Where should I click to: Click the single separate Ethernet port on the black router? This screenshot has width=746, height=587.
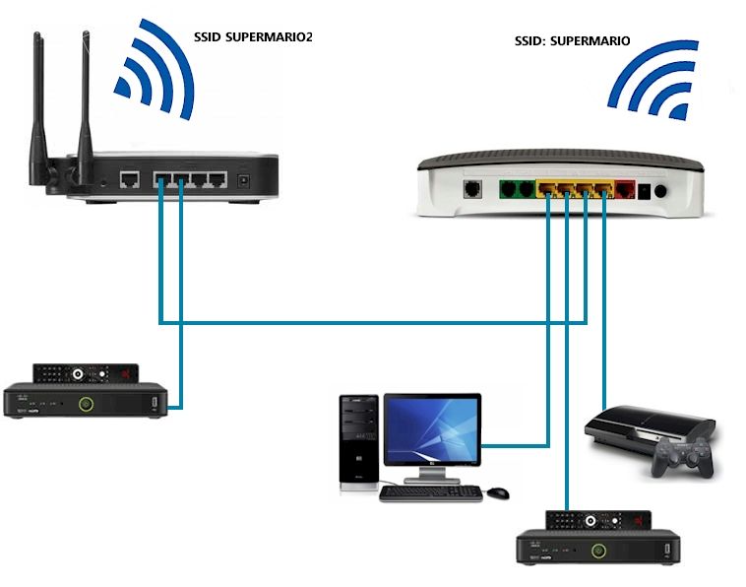pyautogui.click(x=129, y=179)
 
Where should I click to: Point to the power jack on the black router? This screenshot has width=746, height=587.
pyautogui.click(x=243, y=181)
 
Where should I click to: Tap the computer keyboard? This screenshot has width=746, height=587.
pyautogui.click(x=430, y=492)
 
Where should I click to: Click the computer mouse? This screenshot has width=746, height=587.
pyautogui.click(x=498, y=490)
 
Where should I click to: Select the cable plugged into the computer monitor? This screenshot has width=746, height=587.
pyautogui.click(x=517, y=444)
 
